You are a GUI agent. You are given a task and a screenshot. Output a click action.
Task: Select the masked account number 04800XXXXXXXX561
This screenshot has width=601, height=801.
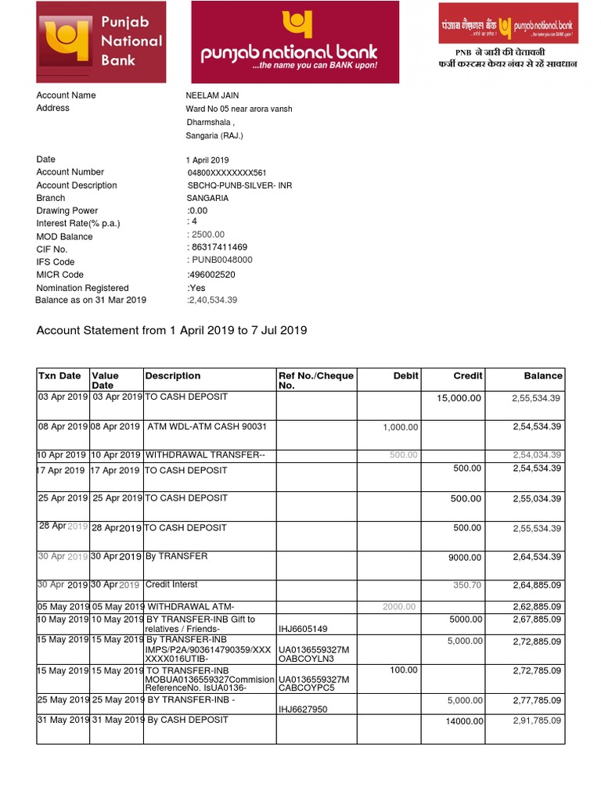[x=227, y=173]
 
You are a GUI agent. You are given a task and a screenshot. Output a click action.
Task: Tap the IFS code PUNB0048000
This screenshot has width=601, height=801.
[x=221, y=260]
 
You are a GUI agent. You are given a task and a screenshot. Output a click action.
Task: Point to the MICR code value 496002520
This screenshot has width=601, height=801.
[x=211, y=275]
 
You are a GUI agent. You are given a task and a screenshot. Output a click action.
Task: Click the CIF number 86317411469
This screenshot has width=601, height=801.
[x=219, y=247]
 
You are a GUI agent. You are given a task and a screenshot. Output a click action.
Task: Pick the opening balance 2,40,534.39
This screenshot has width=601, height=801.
[x=212, y=300]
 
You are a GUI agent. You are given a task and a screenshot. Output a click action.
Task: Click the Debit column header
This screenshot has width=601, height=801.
[x=405, y=376]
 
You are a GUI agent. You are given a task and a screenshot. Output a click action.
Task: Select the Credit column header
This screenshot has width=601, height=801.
[x=468, y=376]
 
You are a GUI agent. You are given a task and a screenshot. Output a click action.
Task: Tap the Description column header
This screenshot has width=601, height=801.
[x=173, y=376]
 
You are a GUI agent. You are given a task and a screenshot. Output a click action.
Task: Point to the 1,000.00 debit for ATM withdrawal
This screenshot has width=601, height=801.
[x=401, y=427]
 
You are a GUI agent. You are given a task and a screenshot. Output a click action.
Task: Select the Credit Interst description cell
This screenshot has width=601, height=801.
[x=172, y=584]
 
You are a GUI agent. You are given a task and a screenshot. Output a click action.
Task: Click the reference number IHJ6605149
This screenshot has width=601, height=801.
[x=303, y=629]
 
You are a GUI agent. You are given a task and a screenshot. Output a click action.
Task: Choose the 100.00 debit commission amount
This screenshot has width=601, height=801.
[x=404, y=670]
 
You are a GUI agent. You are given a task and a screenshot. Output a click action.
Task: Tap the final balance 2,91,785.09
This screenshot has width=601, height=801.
[x=537, y=720]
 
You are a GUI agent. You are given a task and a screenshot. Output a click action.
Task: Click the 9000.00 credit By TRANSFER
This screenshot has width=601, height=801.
[x=464, y=557]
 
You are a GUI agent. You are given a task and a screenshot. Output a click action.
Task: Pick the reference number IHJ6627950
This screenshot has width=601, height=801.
[x=303, y=709]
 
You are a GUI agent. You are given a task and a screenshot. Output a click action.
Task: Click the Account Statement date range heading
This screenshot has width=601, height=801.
[x=171, y=331]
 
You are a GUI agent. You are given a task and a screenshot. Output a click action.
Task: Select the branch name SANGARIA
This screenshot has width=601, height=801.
[x=207, y=199]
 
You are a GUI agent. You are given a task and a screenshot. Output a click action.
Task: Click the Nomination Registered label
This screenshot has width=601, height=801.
[x=82, y=288]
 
